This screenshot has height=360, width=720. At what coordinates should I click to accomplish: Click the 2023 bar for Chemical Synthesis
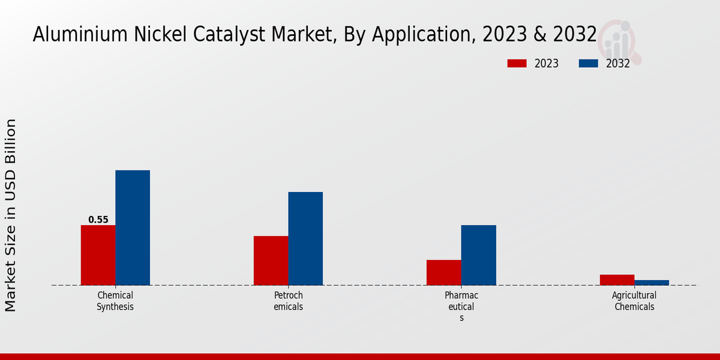tap(98, 255)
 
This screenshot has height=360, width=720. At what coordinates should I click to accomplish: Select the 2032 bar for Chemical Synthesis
tap(133, 227)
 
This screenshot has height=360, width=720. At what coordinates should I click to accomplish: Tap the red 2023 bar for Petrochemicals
tap(271, 260)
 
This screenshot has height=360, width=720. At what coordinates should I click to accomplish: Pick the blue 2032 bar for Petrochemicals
tap(305, 238)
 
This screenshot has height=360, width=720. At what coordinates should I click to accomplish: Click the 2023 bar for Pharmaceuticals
tap(443, 272)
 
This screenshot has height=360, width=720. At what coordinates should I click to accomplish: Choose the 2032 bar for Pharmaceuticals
tap(478, 255)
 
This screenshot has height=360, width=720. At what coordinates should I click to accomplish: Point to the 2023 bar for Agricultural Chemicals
tap(617, 280)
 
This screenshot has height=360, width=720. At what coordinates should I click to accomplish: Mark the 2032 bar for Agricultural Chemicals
tap(652, 283)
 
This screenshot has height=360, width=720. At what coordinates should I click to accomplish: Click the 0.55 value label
tap(98, 220)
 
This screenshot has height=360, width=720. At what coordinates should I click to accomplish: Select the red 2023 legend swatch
tap(517, 64)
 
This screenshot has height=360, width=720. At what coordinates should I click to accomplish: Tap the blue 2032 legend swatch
tap(588, 64)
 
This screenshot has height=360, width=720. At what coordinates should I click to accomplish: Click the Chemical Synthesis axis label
tap(115, 301)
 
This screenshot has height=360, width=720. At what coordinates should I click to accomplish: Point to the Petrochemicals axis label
tap(288, 301)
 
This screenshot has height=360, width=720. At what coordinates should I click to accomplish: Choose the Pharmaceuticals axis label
tap(461, 306)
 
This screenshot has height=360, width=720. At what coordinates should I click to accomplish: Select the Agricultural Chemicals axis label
tap(634, 301)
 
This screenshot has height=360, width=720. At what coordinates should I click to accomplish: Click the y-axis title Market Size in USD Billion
tap(11, 215)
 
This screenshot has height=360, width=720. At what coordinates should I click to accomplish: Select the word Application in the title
tap(410, 35)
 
